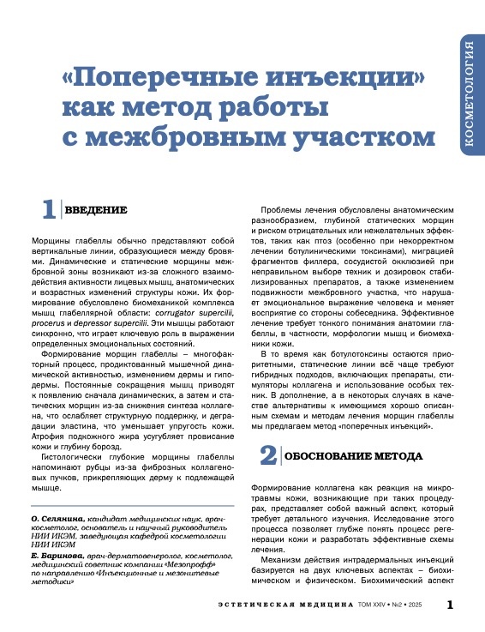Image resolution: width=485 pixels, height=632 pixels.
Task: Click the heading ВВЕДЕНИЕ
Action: tap(96, 211)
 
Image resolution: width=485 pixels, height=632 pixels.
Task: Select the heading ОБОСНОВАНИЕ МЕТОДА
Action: tap(342, 455)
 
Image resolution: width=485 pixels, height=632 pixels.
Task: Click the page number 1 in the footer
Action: tap(451, 605)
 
